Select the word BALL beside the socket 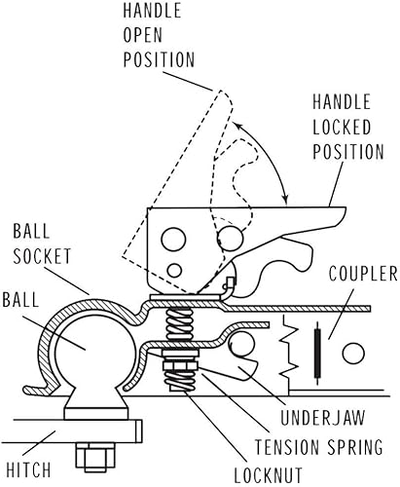(27, 298)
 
